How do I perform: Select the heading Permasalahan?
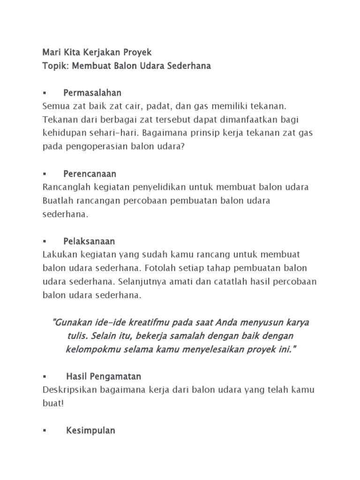click(x=92, y=93)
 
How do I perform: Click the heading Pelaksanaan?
click(x=89, y=241)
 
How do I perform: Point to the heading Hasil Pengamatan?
click(x=104, y=376)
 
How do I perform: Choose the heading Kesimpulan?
click(x=90, y=430)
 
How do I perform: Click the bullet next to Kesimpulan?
click(x=44, y=431)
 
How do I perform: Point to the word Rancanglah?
click(x=64, y=187)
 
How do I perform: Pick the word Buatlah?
click(x=56, y=201)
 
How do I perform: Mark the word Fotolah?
click(x=160, y=269)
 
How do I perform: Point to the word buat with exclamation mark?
click(x=52, y=403)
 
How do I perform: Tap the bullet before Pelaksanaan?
click(x=44, y=242)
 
